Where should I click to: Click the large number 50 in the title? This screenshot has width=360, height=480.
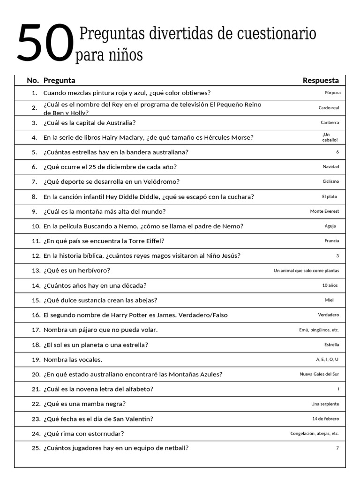(x=45, y=44)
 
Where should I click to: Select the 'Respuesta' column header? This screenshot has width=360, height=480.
(x=321, y=80)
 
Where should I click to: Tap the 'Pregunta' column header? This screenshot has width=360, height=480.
(x=59, y=80)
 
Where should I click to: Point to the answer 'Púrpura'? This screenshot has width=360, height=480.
(x=332, y=93)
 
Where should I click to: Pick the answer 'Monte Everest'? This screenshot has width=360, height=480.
(x=324, y=211)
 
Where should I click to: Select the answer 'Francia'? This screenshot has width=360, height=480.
(x=331, y=241)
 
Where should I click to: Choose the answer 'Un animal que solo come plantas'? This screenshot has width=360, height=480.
(x=306, y=270)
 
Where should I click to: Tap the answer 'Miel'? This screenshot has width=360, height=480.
(x=329, y=300)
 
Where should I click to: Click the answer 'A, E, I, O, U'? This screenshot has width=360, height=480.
(x=327, y=360)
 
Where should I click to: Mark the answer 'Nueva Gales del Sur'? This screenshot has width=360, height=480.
(x=319, y=374)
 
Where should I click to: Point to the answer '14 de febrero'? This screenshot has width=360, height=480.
(x=325, y=419)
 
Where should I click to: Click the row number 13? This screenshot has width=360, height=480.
(x=36, y=270)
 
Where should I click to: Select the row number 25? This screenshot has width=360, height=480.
(x=36, y=448)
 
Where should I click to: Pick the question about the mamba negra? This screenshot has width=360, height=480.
(x=84, y=404)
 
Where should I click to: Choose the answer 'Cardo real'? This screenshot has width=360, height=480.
(x=329, y=108)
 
